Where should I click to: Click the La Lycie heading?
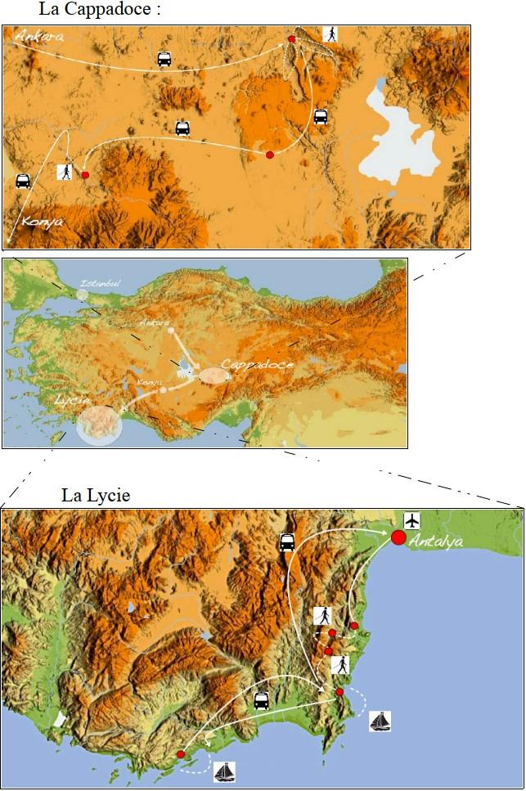click(96, 496)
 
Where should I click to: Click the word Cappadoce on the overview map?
click(256, 363)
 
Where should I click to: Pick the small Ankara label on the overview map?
click(154, 322)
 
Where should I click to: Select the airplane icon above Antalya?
click(411, 520)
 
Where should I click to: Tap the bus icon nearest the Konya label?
click(23, 181)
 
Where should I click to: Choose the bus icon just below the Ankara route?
click(164, 59)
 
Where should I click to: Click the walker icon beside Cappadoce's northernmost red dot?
click(330, 34)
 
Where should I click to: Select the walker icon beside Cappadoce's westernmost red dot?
click(65, 172)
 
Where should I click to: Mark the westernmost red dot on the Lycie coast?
click(180, 754)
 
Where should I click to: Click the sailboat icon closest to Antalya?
click(380, 721)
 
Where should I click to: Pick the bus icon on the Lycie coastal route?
click(261, 701)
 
